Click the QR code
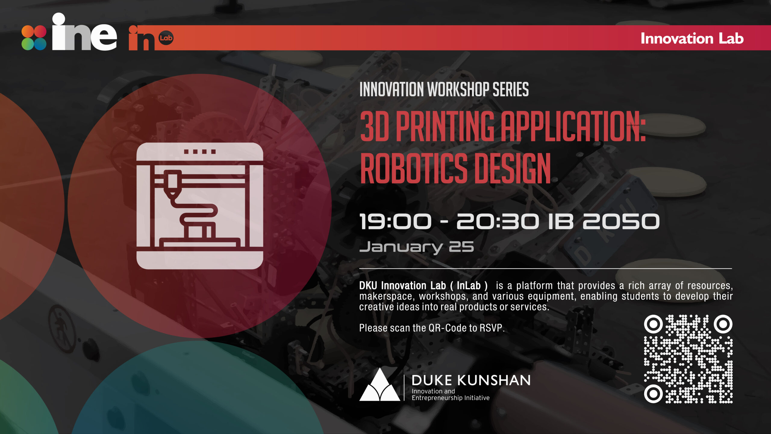688,359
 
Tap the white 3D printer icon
200,206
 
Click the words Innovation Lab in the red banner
692,39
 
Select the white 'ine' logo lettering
84,32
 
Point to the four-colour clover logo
34,38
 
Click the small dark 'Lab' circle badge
166,38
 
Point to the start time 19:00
395,222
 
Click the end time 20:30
498,222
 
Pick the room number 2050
621,222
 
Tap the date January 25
417,247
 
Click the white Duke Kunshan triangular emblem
380,384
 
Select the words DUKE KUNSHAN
471,380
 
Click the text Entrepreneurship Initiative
451,398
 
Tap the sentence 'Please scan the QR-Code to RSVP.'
432,328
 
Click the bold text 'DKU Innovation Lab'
402,285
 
